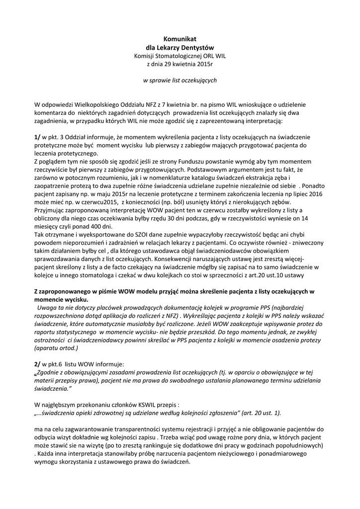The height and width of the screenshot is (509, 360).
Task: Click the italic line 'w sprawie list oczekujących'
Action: click(180, 80)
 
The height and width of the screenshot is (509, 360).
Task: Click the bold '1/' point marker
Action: click(37, 137)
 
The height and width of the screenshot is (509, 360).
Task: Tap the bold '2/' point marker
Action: click(37, 365)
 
